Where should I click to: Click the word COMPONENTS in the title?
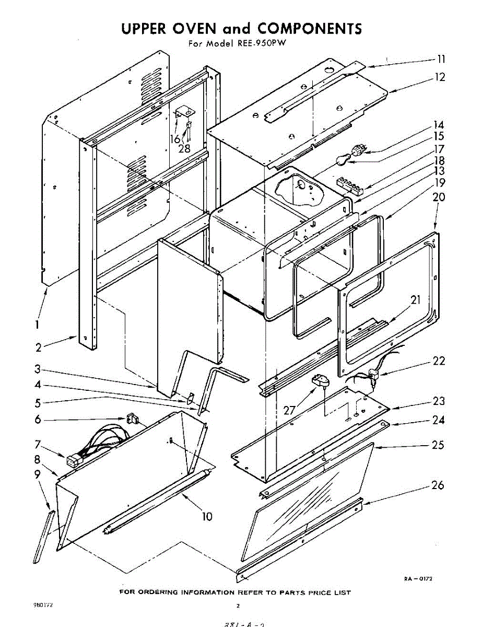pos(310,28)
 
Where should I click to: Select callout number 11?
pos(441,59)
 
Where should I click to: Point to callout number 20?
pos(439,198)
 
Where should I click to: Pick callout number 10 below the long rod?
pos(207,517)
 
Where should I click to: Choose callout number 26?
pos(438,485)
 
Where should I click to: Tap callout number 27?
pos(290,410)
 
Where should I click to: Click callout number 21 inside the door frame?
pos(415,300)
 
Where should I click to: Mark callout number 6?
pos(38,419)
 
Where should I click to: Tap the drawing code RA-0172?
pos(418,579)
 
